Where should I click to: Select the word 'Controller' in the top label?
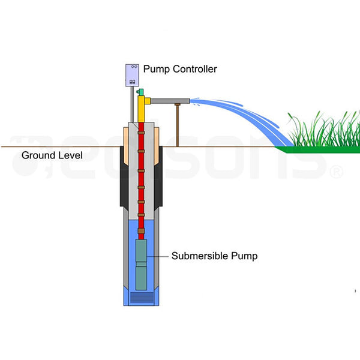196,69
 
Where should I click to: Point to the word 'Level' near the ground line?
71,155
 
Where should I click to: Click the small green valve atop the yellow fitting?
140,92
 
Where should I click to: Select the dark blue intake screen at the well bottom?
142,297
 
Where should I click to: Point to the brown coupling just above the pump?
142,230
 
